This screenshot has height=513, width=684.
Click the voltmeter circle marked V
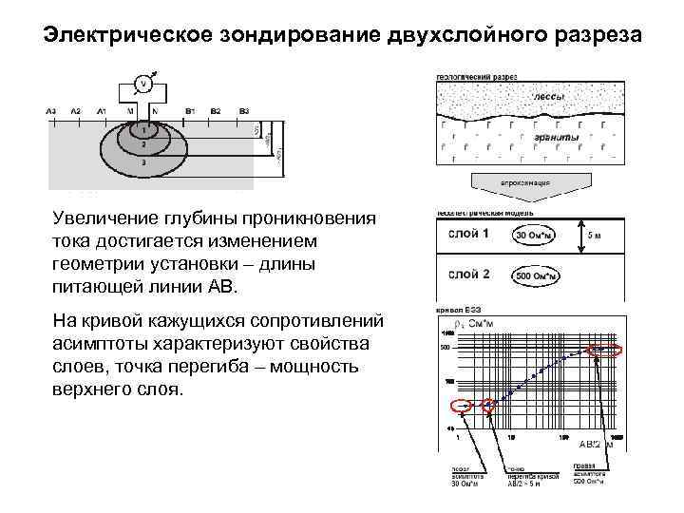point(143,83)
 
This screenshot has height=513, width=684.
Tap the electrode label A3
point(51,110)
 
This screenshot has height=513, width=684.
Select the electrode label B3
point(244,110)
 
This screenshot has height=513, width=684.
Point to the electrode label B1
point(190,110)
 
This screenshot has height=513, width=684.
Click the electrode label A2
point(76,110)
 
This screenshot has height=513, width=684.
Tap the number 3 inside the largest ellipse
point(142,163)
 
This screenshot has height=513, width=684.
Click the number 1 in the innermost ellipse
point(143,128)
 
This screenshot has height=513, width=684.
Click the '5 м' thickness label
point(594,235)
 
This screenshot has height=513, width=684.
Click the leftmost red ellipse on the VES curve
point(459,407)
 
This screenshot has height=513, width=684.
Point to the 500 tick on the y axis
point(444,348)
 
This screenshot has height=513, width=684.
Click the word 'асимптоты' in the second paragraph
point(106,342)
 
